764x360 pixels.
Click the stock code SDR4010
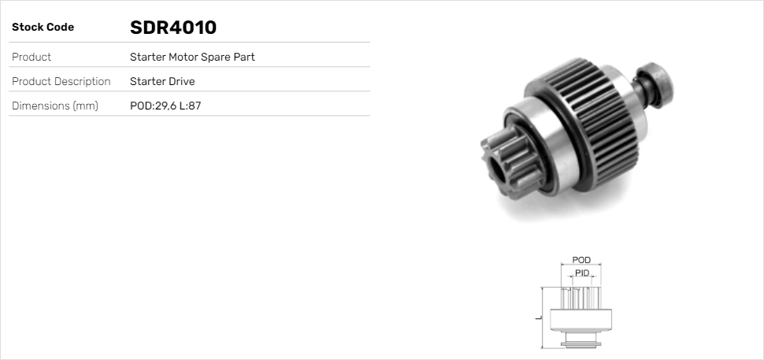pos(172,28)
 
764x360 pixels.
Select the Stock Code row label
pos(43,28)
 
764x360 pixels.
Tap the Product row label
pos(32,57)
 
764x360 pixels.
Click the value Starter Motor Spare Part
pos(192,57)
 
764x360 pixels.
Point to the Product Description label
pos(61,81)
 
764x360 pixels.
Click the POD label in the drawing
pos(581,260)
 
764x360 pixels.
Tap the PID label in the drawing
pos(582,273)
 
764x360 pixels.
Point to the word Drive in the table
pos(180,81)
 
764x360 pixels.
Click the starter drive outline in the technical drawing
pos(581,315)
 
